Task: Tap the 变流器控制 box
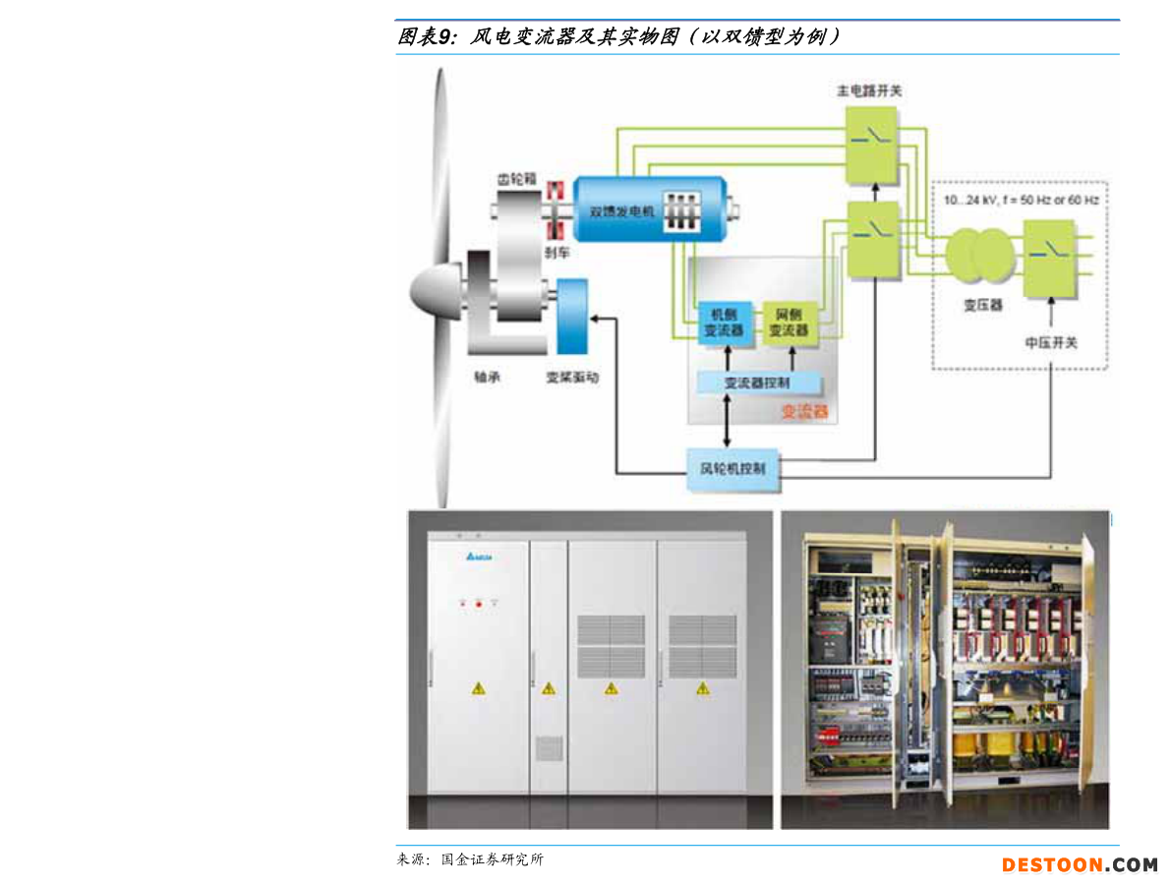coord(756,384)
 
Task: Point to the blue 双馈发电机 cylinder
coord(649,208)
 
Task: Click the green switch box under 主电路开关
coord(871,145)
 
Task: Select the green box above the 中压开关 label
coord(1050,259)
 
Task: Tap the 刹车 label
coord(556,253)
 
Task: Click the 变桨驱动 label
coord(572,377)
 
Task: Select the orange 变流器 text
coord(804,412)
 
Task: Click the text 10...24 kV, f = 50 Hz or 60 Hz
coord(1021,200)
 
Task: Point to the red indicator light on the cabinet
coord(479,603)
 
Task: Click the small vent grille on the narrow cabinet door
coord(549,747)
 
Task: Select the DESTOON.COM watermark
coord(1080,865)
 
